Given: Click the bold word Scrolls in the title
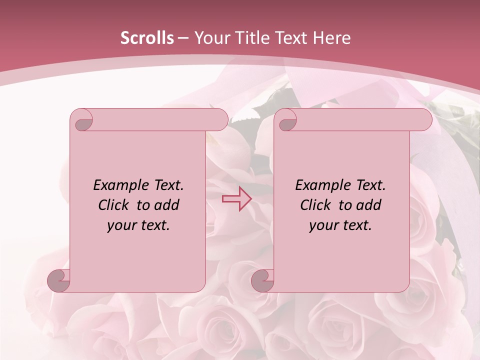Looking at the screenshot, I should click(147, 38).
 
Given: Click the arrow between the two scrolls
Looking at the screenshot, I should click(236, 199).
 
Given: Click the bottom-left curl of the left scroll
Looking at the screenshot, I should click(59, 280).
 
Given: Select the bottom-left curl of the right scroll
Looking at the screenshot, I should click(263, 280).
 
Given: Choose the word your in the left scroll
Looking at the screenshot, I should click(120, 225).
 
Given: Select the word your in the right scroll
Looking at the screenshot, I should click(322, 225).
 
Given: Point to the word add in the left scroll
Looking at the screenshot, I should click(166, 205).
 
